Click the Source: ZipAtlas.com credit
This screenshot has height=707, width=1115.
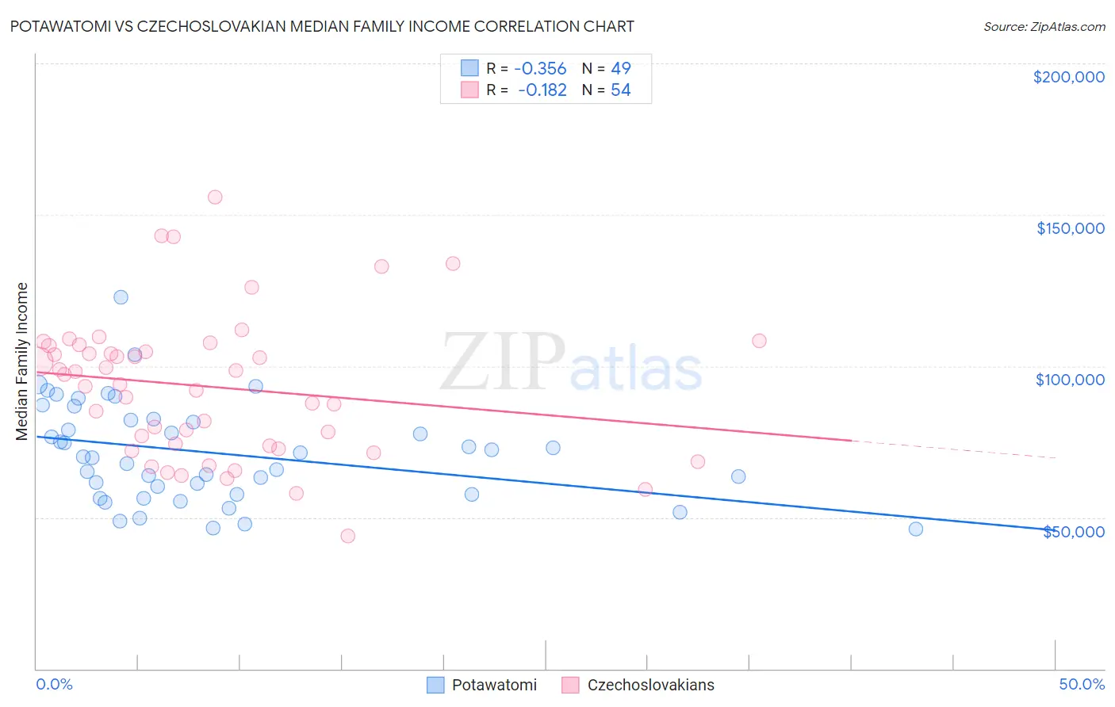click(1044, 26)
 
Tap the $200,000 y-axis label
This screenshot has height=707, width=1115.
click(1068, 77)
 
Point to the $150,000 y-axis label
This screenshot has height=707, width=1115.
click(1070, 228)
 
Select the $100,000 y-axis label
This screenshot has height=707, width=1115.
click(1070, 380)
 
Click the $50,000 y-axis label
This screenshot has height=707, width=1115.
click(1073, 532)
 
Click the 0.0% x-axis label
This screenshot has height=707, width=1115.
click(54, 684)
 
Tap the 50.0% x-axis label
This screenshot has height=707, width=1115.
click(1082, 684)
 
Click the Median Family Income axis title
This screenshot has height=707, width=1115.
click(22, 361)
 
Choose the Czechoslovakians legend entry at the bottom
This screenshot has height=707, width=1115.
click(638, 685)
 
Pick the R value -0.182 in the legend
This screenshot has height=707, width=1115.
click(543, 90)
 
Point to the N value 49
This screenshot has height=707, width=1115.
click(620, 69)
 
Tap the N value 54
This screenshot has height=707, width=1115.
click(620, 90)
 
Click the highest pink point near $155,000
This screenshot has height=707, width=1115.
click(215, 197)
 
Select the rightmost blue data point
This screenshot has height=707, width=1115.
click(916, 529)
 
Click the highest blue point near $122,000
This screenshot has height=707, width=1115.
click(121, 297)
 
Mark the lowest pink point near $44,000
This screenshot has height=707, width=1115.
click(347, 536)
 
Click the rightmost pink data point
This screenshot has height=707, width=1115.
click(759, 341)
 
